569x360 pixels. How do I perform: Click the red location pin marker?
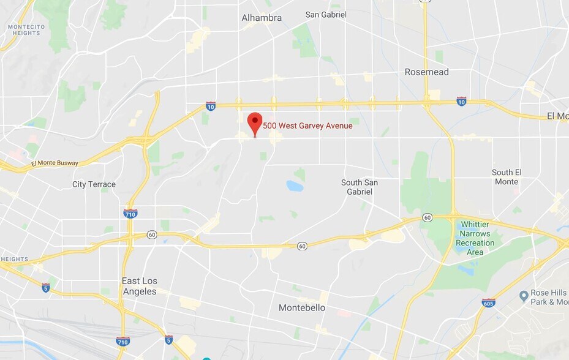[255, 122]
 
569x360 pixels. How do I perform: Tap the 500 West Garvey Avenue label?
[307, 126]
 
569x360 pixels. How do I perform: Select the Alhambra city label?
[262, 18]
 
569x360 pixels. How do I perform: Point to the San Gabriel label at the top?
[326, 14]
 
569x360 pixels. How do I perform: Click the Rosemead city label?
[426, 72]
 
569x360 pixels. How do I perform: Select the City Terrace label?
[94, 184]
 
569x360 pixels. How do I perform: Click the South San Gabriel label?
[360, 187]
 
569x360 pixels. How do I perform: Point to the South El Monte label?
[506, 177]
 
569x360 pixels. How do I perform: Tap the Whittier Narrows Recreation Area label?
[475, 238]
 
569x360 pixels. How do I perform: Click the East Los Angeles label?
[140, 286]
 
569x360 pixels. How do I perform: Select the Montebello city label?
[302, 307]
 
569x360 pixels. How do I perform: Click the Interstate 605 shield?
[488, 303]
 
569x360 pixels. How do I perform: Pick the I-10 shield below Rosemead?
[461, 101]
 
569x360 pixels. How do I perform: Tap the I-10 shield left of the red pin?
[210, 106]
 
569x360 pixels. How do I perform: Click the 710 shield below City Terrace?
[130, 214]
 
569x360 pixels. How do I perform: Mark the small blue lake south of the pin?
[295, 186]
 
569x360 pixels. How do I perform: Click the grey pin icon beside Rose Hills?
[524, 296]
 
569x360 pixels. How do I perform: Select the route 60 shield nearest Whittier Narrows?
[427, 217]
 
